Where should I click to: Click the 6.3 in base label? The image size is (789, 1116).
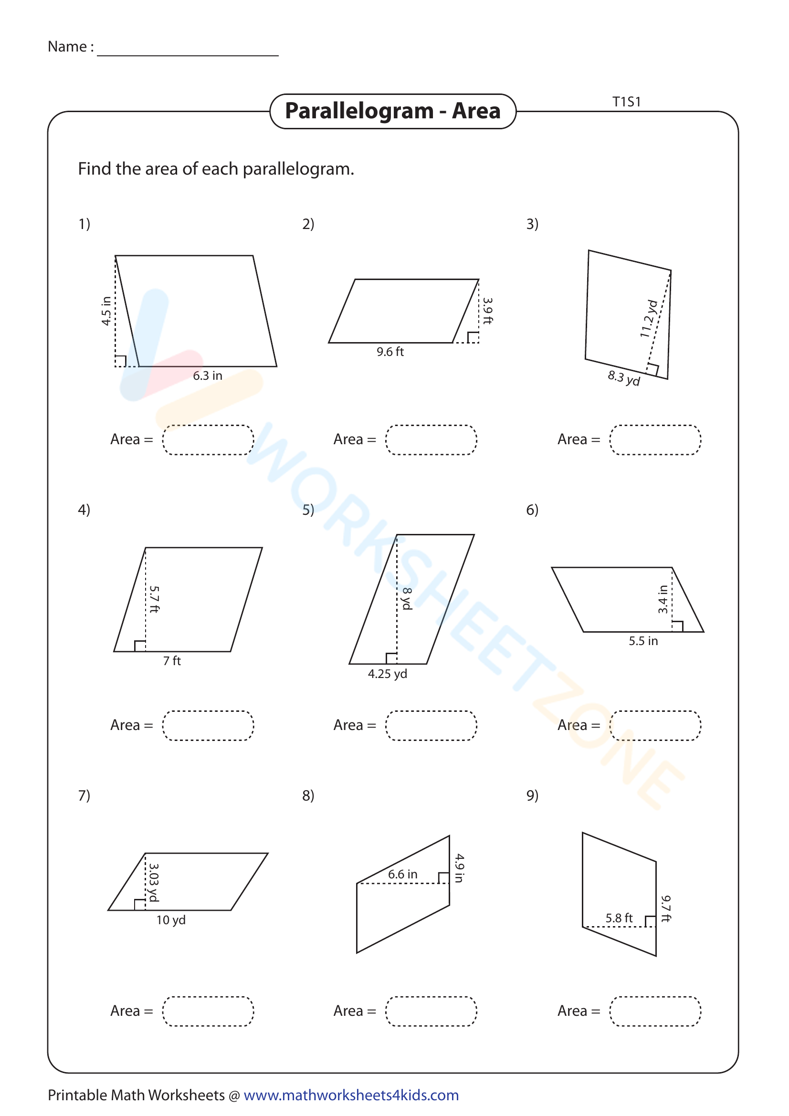208,375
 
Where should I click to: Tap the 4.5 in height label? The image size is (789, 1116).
106,311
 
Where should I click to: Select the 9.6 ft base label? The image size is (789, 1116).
390,352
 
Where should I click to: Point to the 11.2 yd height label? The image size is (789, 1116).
649,319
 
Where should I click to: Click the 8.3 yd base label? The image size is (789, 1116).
624,378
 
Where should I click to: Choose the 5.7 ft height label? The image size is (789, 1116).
154,599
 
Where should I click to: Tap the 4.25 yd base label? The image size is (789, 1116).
388,674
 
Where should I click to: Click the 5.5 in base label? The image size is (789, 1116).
643,641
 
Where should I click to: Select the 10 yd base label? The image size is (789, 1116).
170,920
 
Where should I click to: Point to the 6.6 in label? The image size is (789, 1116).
402,875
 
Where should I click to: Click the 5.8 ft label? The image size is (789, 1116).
619,918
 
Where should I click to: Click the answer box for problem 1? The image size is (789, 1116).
208,440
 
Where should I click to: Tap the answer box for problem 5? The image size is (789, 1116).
431,726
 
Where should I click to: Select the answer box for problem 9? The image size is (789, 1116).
655,1012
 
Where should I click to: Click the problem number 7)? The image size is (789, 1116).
84,796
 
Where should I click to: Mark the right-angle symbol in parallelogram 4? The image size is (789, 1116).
140,646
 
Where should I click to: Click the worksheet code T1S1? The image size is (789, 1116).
627,102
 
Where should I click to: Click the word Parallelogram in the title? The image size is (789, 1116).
359,111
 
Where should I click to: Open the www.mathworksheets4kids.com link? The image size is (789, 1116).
351,1095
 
